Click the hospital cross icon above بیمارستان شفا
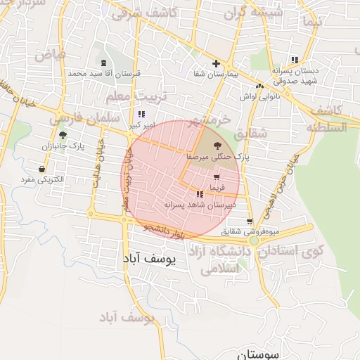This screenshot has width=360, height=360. pyautogui.click(x=216, y=63)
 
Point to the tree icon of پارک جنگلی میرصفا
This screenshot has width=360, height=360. pyautogui.click(x=215, y=143)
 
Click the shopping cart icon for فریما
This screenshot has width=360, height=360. pyautogui.click(x=216, y=176)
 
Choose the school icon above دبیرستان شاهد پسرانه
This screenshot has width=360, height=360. pyautogui.click(x=200, y=193)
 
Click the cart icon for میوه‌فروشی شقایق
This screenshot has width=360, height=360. pyautogui.click(x=250, y=221)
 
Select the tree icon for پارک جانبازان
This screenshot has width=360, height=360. pyautogui.click(x=63, y=134)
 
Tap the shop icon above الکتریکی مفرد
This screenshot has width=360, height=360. pyautogui.click(x=43, y=169)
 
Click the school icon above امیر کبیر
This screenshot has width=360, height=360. pyautogui.click(x=142, y=114)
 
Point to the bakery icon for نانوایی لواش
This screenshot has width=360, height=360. pyautogui.click(x=260, y=86)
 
